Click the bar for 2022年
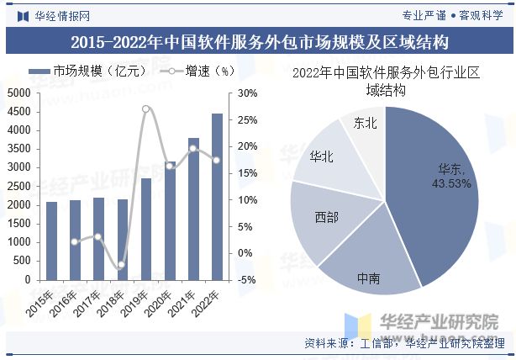tap(217, 197)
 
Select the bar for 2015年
tap(51, 241)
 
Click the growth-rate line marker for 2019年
tap(146, 109)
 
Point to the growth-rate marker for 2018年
tap(122, 265)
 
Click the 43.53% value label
tap(451, 183)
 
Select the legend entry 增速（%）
tap(197, 71)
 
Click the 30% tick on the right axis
tap(246, 93)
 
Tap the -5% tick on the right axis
tap(246, 280)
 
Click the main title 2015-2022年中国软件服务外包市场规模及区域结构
tap(258, 42)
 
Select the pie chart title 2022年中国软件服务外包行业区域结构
tap(386, 81)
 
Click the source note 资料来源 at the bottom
tap(403, 343)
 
